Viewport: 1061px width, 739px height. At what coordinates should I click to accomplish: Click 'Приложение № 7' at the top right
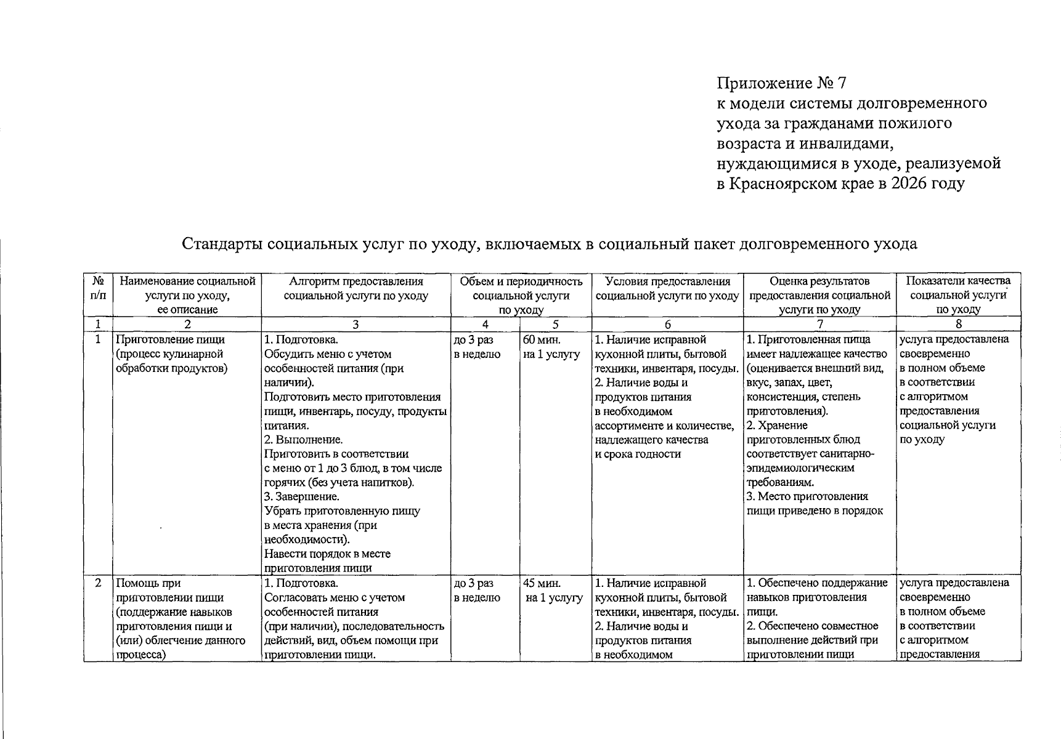(x=782, y=83)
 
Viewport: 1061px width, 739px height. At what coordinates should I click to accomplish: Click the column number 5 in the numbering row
(x=555, y=325)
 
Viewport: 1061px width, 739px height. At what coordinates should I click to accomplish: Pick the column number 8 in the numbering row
(x=957, y=325)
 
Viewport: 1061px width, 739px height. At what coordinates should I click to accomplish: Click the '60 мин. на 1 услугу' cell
(x=551, y=347)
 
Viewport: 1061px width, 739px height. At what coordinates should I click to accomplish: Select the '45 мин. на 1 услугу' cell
(x=552, y=590)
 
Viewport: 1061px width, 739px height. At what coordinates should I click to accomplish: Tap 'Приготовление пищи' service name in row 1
(x=171, y=339)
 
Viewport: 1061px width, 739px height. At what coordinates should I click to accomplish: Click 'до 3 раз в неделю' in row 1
(x=477, y=347)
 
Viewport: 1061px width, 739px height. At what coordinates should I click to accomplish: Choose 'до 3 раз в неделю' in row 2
(x=477, y=590)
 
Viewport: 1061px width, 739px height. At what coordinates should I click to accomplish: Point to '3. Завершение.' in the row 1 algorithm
(x=302, y=496)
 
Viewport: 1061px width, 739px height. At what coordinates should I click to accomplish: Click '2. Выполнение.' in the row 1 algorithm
(x=303, y=440)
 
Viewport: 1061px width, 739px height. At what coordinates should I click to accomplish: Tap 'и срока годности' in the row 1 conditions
(x=637, y=454)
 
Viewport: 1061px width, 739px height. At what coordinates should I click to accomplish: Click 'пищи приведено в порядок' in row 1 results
(x=815, y=511)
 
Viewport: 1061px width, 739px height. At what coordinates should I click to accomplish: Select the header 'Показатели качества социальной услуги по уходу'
(x=957, y=295)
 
